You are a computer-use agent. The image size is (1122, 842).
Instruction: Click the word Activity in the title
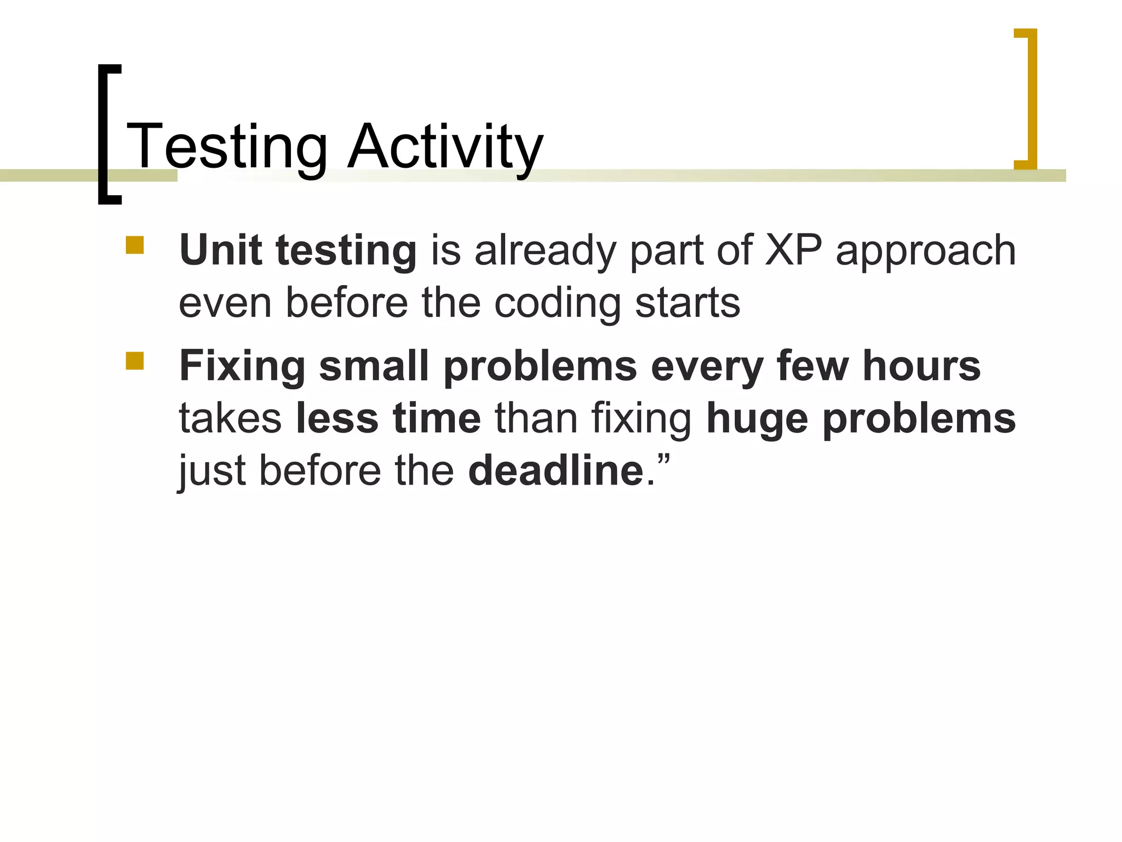[445, 146]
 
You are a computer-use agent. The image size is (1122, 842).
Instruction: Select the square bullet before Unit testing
[135, 245]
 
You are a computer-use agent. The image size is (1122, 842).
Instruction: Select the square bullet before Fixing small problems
[135, 361]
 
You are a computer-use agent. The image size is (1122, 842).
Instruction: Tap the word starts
[688, 303]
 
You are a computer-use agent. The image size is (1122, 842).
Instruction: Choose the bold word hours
[921, 366]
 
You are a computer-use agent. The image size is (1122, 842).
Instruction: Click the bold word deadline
[556, 470]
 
